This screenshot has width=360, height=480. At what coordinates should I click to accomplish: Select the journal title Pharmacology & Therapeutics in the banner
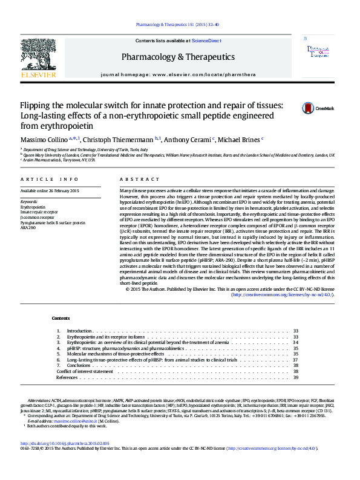click(x=178, y=56)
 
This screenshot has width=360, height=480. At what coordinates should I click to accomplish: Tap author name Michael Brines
click(x=240, y=140)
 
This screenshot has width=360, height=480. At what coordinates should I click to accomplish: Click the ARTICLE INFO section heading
click(x=50, y=180)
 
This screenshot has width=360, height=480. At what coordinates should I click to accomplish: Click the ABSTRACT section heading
click(x=131, y=180)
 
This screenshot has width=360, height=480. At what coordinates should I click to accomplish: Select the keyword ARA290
click(x=28, y=229)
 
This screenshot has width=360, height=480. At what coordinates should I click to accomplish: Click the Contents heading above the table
click(x=61, y=318)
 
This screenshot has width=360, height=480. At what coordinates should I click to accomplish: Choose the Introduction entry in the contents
click(x=79, y=331)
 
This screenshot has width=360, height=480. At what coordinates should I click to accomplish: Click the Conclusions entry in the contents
click(x=79, y=366)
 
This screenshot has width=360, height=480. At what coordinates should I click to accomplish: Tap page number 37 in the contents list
click(x=296, y=360)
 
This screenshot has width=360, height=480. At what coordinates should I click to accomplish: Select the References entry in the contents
click(x=67, y=377)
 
